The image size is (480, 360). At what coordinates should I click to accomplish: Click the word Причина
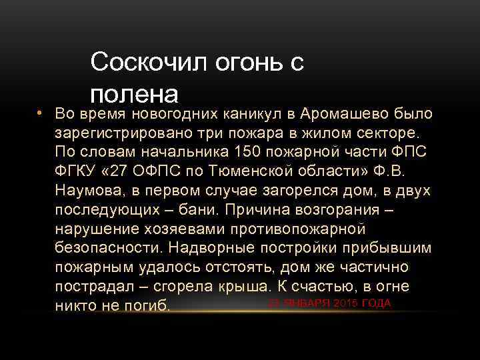[255, 210]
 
